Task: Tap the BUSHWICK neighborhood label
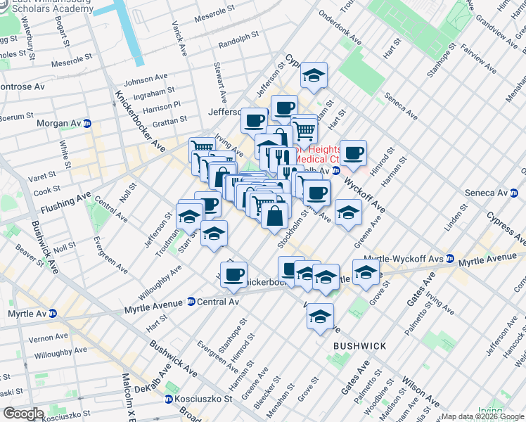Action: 359,347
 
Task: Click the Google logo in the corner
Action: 23,414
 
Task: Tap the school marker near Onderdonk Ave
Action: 314,76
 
